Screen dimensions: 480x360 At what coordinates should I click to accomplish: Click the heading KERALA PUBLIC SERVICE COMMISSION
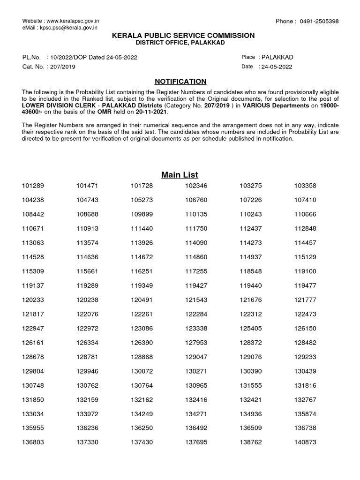pyautogui.click(x=180, y=36)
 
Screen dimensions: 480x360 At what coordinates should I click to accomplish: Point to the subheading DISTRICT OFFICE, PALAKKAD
pyautogui.click(x=180, y=43)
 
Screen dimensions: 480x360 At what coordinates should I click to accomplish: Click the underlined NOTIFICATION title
pyautogui.click(x=180, y=81)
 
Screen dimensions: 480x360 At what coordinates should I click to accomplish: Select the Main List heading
pyautogui.click(x=180, y=175)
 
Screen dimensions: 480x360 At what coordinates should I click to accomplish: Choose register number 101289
pyautogui.click(x=33, y=186)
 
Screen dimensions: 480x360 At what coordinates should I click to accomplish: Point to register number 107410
pyautogui.click(x=305, y=200)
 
